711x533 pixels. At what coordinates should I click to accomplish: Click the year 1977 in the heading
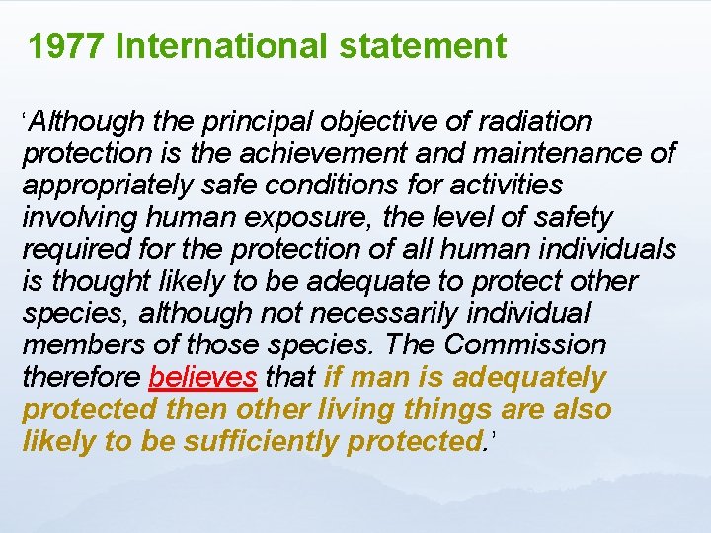(66, 46)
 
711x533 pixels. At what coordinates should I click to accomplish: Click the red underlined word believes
(203, 377)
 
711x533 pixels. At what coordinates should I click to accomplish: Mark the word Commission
(525, 345)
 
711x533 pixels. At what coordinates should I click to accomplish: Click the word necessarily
(444, 313)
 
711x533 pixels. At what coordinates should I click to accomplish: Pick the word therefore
(82, 377)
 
